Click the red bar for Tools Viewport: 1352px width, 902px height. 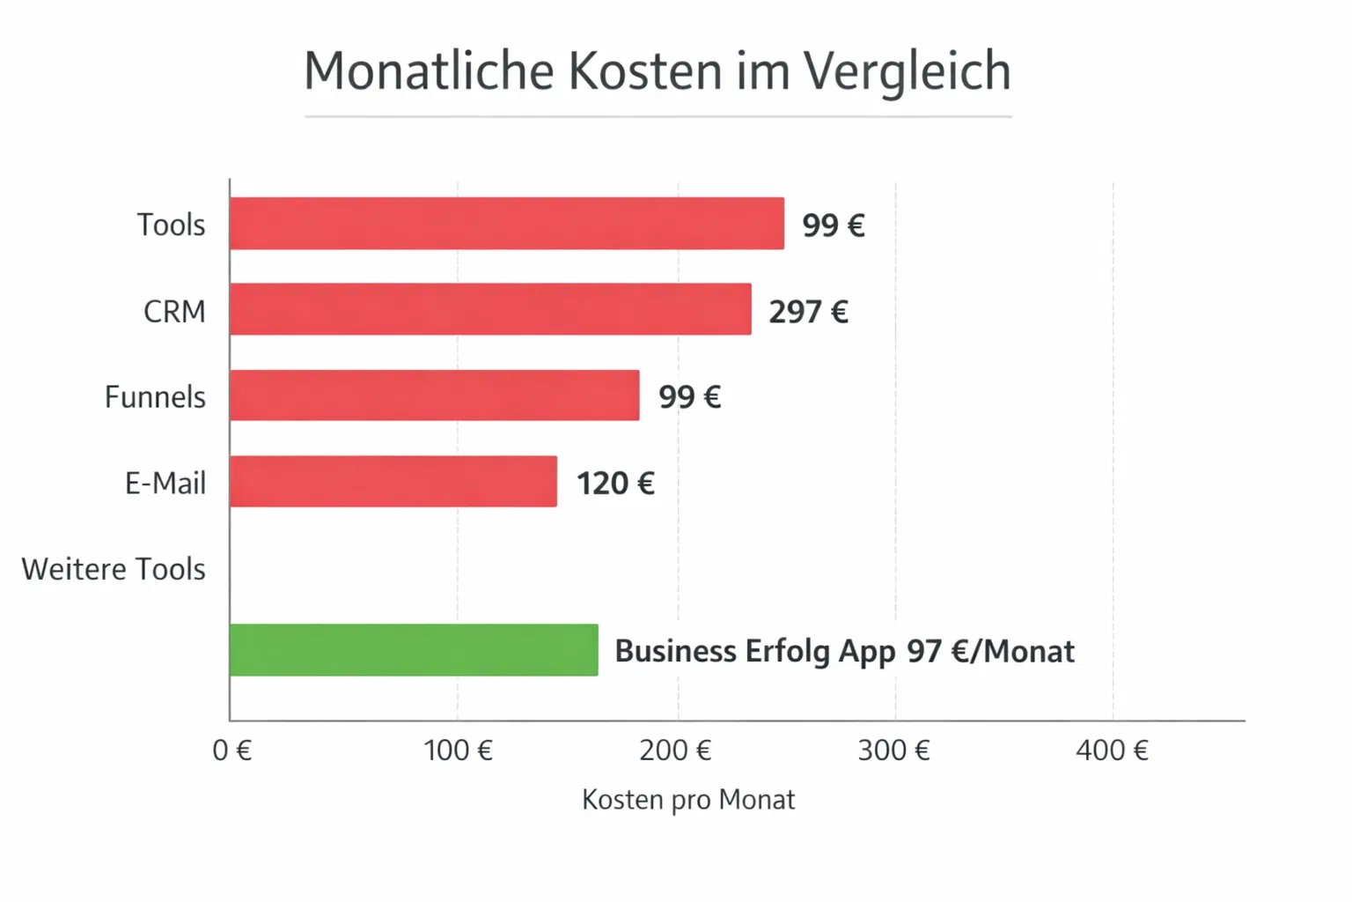click(x=506, y=224)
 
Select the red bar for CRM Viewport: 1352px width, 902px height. click(x=490, y=309)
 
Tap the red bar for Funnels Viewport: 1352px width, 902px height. click(x=434, y=396)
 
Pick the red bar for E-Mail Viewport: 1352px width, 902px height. click(x=393, y=481)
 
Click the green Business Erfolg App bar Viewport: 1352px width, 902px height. click(x=414, y=650)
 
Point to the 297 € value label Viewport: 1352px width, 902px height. click(x=808, y=312)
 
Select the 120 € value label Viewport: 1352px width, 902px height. click(x=615, y=484)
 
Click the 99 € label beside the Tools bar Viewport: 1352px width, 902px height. click(x=833, y=225)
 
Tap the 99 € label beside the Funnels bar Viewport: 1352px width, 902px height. click(x=689, y=397)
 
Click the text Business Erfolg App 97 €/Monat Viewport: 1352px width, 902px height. click(x=844, y=651)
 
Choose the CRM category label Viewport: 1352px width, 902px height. click(x=174, y=312)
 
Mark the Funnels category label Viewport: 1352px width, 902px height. click(x=155, y=397)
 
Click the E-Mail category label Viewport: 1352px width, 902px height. click(x=165, y=484)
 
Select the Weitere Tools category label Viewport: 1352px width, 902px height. click(x=114, y=569)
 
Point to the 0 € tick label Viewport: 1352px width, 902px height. click(x=231, y=750)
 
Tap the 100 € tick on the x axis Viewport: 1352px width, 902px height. click(x=458, y=750)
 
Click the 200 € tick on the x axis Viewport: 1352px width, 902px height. click(x=675, y=750)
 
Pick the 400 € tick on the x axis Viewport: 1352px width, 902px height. click(x=1112, y=750)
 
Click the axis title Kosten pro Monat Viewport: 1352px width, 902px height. click(x=688, y=800)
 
